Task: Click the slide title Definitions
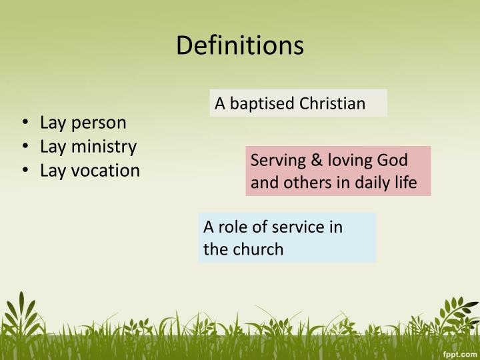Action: click(240, 45)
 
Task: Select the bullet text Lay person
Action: click(83, 123)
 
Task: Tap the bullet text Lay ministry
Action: click(88, 147)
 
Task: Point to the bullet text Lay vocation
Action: click(90, 171)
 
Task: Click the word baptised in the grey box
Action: click(262, 104)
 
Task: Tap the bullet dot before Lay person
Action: click(25, 123)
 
